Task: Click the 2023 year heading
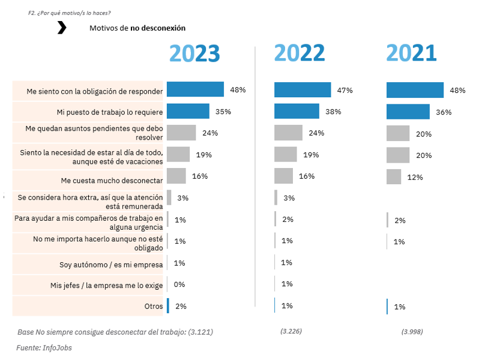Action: tap(194, 53)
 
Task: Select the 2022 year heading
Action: tap(300, 53)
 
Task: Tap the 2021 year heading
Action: tap(411, 53)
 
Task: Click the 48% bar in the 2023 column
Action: tap(195, 89)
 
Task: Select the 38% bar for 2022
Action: tap(297, 112)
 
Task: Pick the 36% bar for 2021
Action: tap(408, 112)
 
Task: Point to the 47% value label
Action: tap(345, 90)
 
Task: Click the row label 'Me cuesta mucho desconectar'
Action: tap(112, 180)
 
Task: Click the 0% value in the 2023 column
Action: tap(179, 284)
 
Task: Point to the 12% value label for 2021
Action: tap(415, 177)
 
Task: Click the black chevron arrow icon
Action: tap(62, 28)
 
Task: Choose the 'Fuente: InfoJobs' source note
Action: tap(44, 347)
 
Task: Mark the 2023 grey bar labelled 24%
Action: tap(181, 133)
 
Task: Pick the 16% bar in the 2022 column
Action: tap(283, 176)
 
